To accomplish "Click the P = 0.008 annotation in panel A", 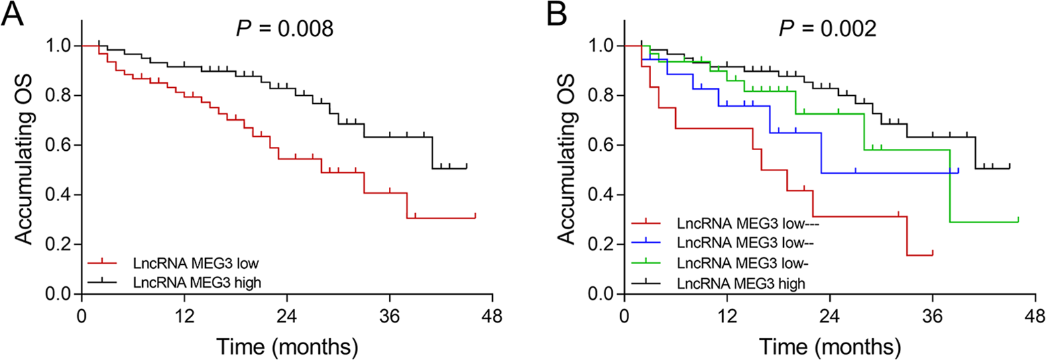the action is pyautogui.click(x=285, y=29).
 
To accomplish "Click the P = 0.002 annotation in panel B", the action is pyautogui.click(x=827, y=29).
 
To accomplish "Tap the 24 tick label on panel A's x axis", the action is pyautogui.click(x=287, y=316).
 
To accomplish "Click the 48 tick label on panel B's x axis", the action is pyautogui.click(x=1035, y=316).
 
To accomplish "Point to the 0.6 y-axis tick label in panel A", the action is pyautogui.click(x=58, y=145).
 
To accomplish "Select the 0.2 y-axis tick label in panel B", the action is pyautogui.click(x=601, y=244).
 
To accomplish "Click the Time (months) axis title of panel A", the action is pyautogui.click(x=287, y=347).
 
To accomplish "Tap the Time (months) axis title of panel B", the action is pyautogui.click(x=830, y=347).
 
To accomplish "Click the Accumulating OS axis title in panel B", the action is pyautogui.click(x=566, y=160).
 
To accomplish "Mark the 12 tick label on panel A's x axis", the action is pyautogui.click(x=184, y=316).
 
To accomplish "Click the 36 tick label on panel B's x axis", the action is pyautogui.click(x=932, y=316).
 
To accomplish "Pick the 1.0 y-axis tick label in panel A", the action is pyautogui.click(x=58, y=46).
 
